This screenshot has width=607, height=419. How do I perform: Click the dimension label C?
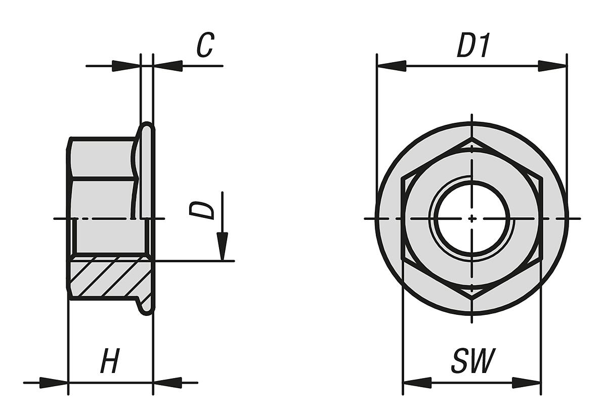pos(205,45)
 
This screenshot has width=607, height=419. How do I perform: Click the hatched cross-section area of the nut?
pos(106,278)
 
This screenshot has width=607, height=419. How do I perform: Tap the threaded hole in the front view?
pos(472,218)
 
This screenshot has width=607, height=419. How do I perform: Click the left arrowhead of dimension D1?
pos(391,66)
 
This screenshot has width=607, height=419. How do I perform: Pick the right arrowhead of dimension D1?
pos(552,66)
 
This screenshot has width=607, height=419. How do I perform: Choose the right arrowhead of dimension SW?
pos(527,383)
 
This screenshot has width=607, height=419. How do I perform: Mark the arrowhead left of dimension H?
pos(54,383)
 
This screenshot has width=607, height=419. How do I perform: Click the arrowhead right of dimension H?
pos(167,383)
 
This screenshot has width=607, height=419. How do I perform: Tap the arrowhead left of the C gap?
pos(125,66)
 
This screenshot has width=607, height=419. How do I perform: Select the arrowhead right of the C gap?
pos(167,66)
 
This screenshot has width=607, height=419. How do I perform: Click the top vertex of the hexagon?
pos(472,138)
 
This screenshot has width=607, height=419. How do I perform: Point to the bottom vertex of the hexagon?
pos(472,299)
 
